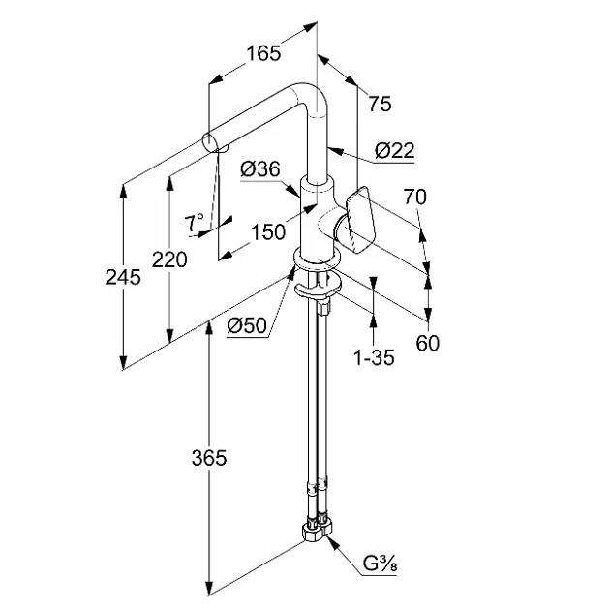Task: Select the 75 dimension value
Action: tap(380, 105)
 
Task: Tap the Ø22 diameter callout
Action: tap(393, 150)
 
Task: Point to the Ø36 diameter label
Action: tap(259, 168)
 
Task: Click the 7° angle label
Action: tap(196, 222)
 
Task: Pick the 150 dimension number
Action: tap(266, 231)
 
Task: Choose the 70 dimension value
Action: tap(413, 197)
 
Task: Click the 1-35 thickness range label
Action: tap(374, 357)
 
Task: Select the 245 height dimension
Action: tap(123, 277)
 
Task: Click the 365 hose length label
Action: tap(207, 458)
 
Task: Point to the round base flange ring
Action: tap(316, 264)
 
